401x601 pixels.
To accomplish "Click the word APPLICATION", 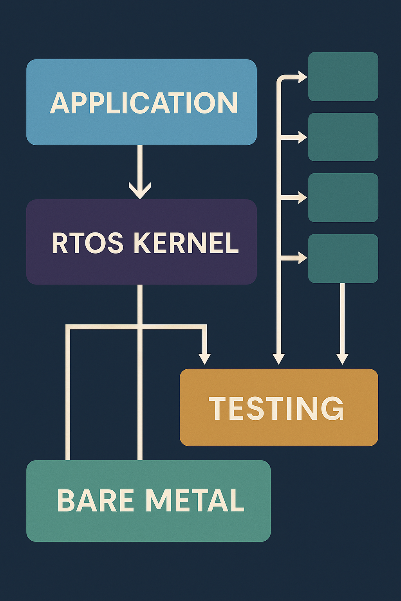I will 144,103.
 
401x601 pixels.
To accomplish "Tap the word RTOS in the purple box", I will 87,243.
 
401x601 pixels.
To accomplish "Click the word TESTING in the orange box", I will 276,408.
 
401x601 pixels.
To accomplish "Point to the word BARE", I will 96,501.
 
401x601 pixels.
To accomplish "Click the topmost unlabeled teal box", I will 343,77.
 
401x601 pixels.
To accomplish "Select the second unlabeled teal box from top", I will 343,137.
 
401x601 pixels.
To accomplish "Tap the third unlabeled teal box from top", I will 343,198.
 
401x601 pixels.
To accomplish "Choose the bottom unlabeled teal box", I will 343,258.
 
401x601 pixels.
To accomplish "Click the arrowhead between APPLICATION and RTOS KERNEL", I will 140,191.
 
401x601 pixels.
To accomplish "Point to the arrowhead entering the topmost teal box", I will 302,77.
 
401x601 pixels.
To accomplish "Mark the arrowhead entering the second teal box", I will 302,137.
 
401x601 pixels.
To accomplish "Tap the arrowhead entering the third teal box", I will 302,198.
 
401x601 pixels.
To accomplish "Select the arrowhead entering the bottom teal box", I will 302,258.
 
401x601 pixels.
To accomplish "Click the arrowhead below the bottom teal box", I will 342,358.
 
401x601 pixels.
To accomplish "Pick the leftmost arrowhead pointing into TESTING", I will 204,358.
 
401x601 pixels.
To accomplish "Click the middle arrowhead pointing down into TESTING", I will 278,358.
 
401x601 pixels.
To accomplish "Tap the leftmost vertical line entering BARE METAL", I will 68,395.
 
